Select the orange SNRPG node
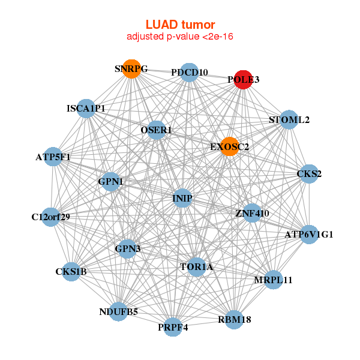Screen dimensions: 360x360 tap(131, 69)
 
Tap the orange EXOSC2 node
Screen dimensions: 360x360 tap(229, 146)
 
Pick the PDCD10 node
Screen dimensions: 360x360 tap(189, 73)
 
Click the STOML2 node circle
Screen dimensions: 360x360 tap(289, 119)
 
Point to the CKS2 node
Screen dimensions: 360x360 tap(309, 174)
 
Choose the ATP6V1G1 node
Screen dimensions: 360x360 tap(308, 234)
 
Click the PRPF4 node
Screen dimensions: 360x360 tap(173, 327)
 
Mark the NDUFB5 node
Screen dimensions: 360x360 tap(118, 312)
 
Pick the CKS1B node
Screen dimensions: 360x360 tap(71, 272)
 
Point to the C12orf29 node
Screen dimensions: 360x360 tap(51, 217)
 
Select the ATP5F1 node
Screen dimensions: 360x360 tap(53, 157)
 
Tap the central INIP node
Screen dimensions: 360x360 tap(182, 199)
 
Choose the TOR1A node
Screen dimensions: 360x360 tap(197, 267)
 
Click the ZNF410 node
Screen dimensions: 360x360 tap(252, 213)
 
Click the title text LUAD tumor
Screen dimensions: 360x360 tap(180, 25)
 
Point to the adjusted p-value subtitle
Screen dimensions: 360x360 tap(180, 37)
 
